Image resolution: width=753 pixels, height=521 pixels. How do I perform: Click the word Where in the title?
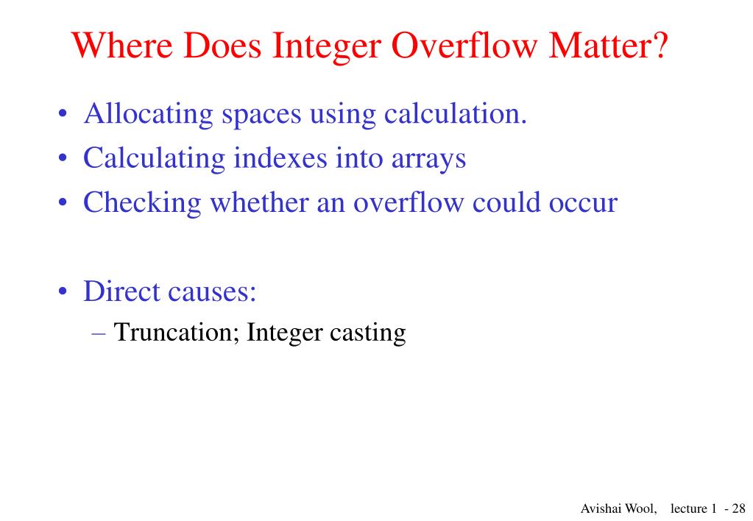click(123, 47)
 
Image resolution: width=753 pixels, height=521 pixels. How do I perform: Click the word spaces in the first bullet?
click(261, 116)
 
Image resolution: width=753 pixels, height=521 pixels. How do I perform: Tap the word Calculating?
click(155, 158)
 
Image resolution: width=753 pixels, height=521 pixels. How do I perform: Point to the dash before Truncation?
click(101, 333)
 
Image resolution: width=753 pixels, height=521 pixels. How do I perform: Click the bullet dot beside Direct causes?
click(64, 293)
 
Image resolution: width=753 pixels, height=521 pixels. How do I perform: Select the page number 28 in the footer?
click(738, 508)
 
